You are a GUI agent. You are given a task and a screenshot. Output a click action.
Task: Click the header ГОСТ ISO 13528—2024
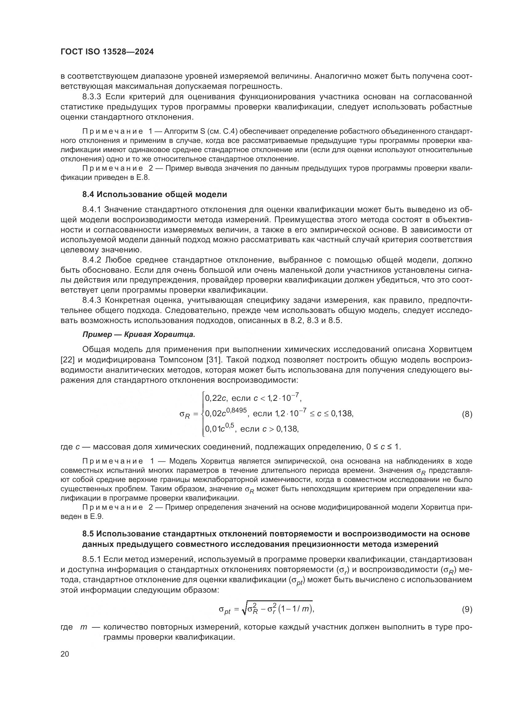pyautogui.click(x=107, y=52)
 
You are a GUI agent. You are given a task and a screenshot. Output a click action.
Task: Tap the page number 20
pyautogui.click(x=65, y=654)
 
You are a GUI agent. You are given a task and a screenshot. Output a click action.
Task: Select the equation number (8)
pyautogui.click(x=467, y=414)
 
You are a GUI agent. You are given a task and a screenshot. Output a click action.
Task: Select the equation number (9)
pyautogui.click(x=467, y=609)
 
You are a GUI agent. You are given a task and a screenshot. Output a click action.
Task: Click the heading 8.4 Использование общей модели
pyautogui.click(x=154, y=194)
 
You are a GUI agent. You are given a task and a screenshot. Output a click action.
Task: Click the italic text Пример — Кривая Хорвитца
pyautogui.click(x=138, y=334)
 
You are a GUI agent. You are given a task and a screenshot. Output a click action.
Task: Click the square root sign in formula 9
pyautogui.click(x=244, y=609)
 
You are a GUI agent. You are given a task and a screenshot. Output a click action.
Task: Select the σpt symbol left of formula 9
pyautogui.click(x=224, y=610)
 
